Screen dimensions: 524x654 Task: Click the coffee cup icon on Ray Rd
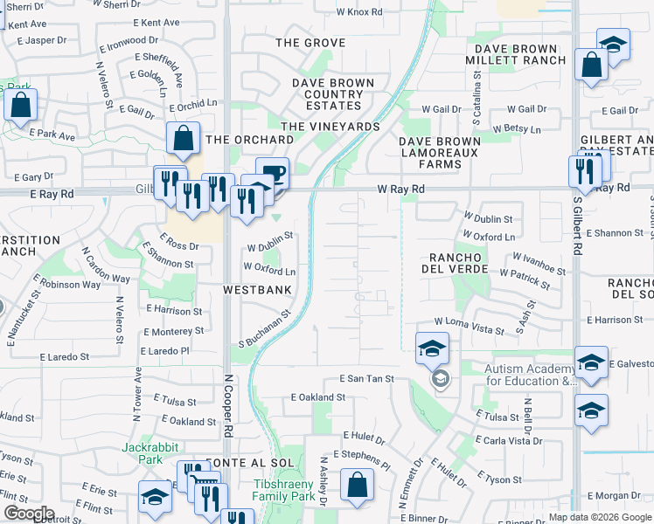[272, 171]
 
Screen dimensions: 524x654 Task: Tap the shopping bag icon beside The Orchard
[184, 137]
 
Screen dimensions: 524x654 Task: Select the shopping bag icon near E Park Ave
[20, 105]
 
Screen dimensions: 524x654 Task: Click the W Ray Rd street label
[400, 189]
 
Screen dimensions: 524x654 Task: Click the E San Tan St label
[366, 379]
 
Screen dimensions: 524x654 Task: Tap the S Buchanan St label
[264, 328]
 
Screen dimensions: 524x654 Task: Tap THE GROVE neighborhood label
[310, 43]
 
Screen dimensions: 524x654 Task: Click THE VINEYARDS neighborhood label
[330, 127]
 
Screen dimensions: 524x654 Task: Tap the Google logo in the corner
[28, 514]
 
